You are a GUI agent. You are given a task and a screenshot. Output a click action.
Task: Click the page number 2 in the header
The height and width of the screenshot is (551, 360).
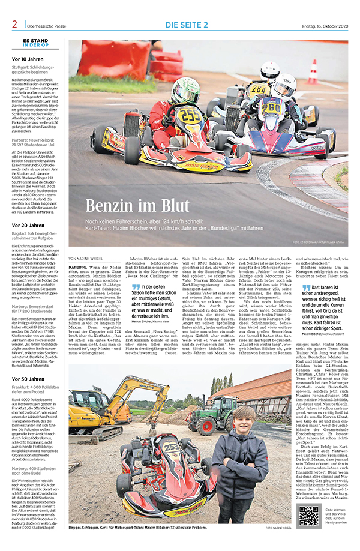(x=14, y=24)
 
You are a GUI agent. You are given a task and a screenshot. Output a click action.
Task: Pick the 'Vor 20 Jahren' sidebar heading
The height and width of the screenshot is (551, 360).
(x=28, y=225)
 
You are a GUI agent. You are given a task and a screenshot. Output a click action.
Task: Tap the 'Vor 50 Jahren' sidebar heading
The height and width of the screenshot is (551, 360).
(x=28, y=379)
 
